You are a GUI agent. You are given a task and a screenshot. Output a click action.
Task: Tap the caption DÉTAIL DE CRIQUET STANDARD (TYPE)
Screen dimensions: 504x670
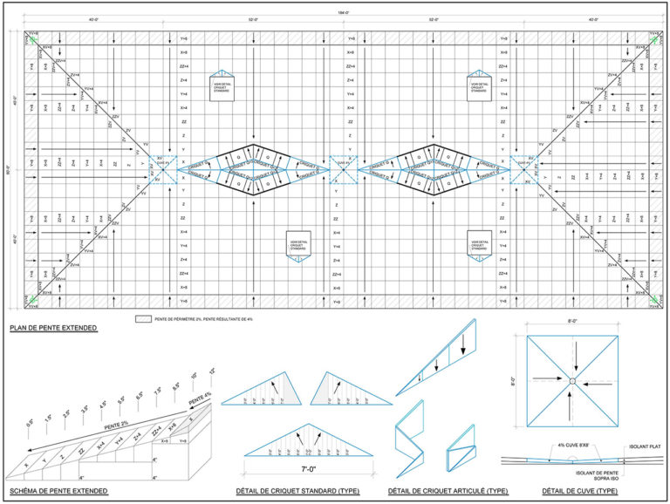pyautogui.click(x=297, y=491)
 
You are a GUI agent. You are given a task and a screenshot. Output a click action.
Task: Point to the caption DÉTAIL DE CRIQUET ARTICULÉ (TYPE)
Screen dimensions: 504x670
pyautogui.click(x=447, y=491)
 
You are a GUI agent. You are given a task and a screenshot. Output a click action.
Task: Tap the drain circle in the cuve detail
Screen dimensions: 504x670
pyautogui.click(x=572, y=381)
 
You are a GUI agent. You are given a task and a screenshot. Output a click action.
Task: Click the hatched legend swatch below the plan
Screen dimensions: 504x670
pyautogui.click(x=142, y=319)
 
